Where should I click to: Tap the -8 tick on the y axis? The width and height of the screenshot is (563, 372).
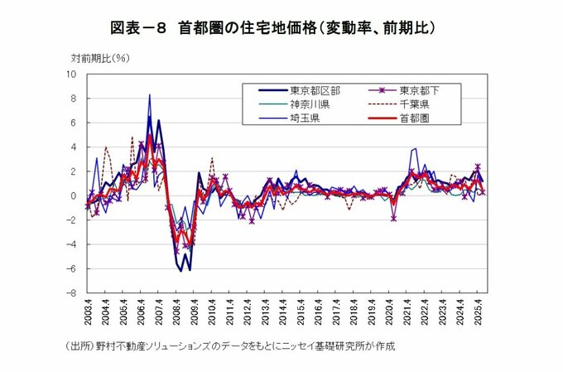click(x=72, y=293)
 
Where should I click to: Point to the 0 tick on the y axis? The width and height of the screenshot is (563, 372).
click(x=74, y=196)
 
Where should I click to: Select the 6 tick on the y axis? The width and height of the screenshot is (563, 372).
click(x=74, y=123)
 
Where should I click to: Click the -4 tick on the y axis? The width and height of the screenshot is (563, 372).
click(x=72, y=245)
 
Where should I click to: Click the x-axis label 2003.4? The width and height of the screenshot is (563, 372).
click(x=88, y=315)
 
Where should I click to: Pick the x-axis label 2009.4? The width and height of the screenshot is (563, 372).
click(x=194, y=315)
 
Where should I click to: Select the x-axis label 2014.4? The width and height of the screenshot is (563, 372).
click(x=282, y=315)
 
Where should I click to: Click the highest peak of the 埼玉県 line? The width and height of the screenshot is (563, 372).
click(x=150, y=94)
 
